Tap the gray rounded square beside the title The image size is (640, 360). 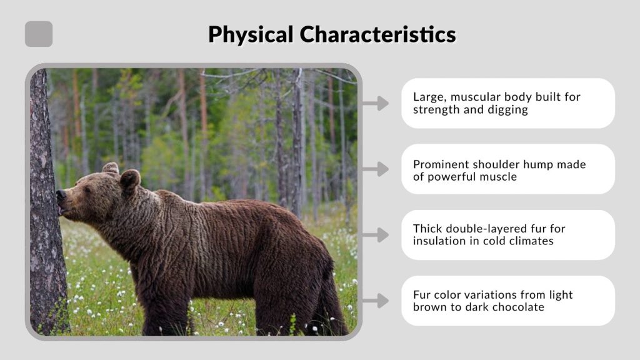point(39,34)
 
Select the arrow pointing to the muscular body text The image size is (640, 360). point(375,103)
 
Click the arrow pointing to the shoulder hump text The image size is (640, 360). point(375,169)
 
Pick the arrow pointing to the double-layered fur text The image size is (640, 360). point(375,235)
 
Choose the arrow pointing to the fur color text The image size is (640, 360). point(375,301)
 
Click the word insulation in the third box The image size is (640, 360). point(440,241)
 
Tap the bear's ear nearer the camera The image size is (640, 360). point(129,180)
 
